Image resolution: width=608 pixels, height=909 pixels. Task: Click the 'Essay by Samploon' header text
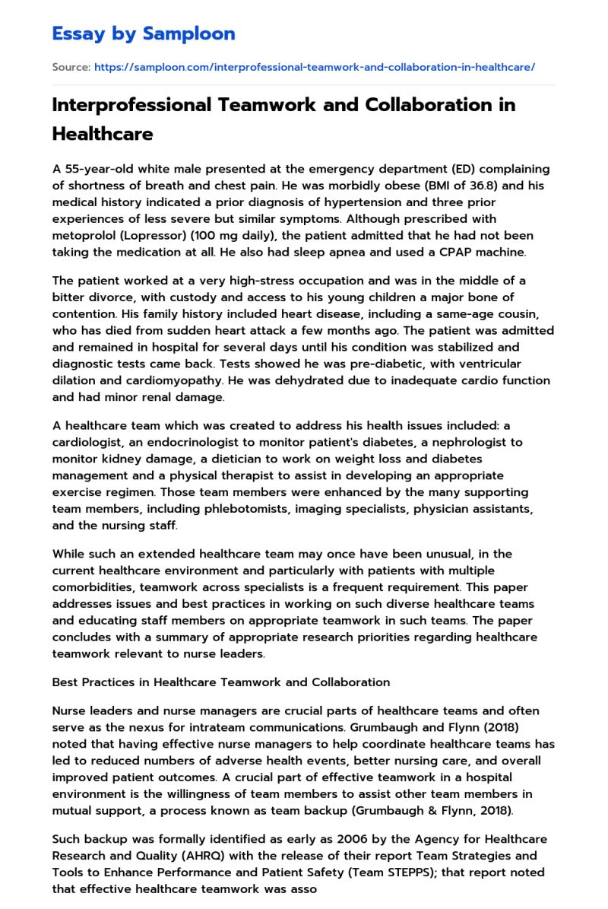(144, 33)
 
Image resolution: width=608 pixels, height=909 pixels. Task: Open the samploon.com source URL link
(314, 67)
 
